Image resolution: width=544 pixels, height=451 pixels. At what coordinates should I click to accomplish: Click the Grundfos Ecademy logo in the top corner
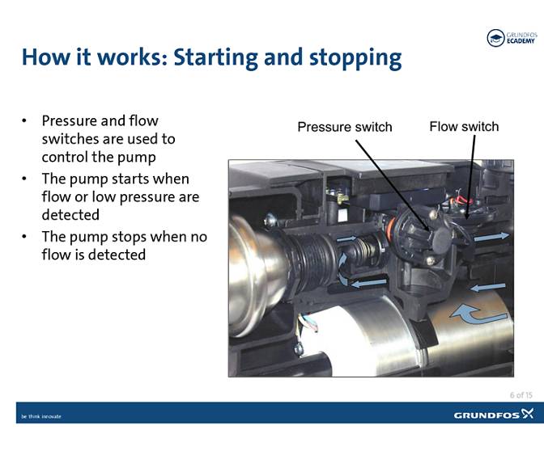511,38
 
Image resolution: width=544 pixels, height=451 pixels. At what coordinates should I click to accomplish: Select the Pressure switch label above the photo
344,127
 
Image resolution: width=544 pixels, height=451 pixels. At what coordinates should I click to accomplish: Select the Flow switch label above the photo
464,126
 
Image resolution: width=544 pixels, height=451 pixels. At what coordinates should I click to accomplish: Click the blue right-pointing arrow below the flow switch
492,236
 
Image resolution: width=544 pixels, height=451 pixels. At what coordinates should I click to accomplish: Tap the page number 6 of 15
521,394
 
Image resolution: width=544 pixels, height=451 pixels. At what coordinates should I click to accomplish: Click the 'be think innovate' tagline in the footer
40,416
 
